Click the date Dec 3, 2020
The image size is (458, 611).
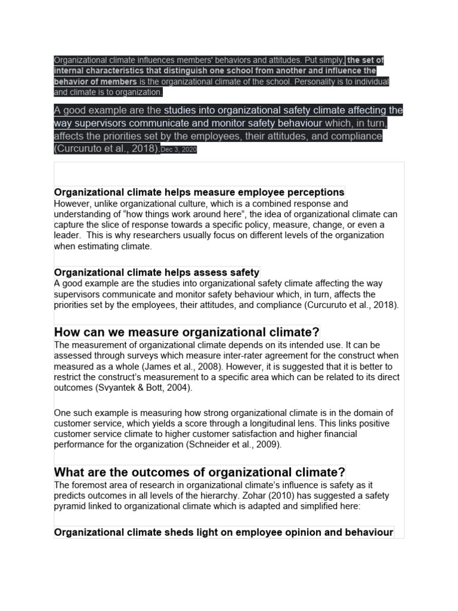(x=179, y=150)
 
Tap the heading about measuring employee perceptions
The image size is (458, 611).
(x=199, y=192)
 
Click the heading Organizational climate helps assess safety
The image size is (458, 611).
(x=156, y=272)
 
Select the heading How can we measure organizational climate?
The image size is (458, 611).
(x=187, y=332)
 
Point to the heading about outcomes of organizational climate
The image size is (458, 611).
(x=199, y=472)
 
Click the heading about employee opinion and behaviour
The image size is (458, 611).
(x=223, y=532)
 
